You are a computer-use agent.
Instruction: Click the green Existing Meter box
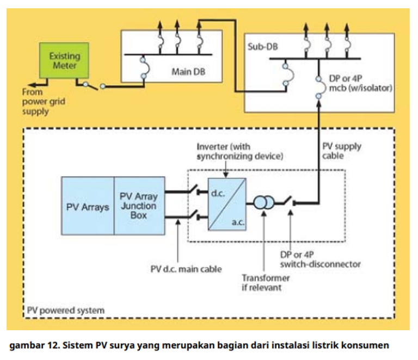(64, 60)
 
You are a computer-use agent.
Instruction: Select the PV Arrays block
(88, 206)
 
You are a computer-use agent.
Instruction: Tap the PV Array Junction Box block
(139, 206)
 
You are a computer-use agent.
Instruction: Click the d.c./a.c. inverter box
(227, 204)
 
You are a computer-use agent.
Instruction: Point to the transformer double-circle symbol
(263, 203)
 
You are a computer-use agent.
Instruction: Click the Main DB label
(188, 72)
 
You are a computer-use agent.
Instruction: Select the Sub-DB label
(263, 47)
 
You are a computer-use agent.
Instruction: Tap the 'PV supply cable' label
(342, 151)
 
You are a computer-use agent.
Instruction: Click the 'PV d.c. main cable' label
(186, 269)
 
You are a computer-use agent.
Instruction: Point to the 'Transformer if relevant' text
(266, 283)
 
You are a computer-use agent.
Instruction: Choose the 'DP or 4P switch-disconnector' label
(320, 259)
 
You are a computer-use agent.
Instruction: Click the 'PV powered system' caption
(66, 311)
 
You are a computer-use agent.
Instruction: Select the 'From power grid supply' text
(44, 102)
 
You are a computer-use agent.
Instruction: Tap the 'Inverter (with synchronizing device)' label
(240, 151)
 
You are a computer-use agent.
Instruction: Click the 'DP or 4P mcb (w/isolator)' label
(361, 83)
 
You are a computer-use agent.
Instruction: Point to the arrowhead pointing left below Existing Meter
(32, 85)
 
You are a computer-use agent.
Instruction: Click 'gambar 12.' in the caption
(34, 346)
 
